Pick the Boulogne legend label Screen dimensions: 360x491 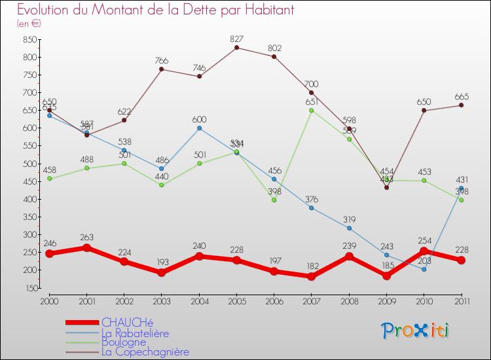pyautogui.click(x=124, y=342)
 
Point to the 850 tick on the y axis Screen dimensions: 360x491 pyautogui.click(x=29, y=39)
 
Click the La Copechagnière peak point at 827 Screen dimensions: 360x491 pyautogui.click(x=236, y=47)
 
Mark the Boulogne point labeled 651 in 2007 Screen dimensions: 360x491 pyautogui.click(x=312, y=110)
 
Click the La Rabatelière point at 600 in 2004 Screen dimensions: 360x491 pyautogui.click(x=199, y=128)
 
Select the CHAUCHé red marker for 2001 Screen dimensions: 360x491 pyautogui.click(x=86, y=247)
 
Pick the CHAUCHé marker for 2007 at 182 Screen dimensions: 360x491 pyautogui.click(x=312, y=276)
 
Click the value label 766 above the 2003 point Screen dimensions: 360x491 pyautogui.click(x=162, y=61)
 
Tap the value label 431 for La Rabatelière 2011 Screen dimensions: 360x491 pyautogui.click(x=462, y=179)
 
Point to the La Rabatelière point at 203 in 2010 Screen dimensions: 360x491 pyautogui.click(x=424, y=269)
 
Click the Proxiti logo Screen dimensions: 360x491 pyautogui.click(x=416, y=331)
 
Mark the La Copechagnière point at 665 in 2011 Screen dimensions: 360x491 pyautogui.click(x=461, y=105)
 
